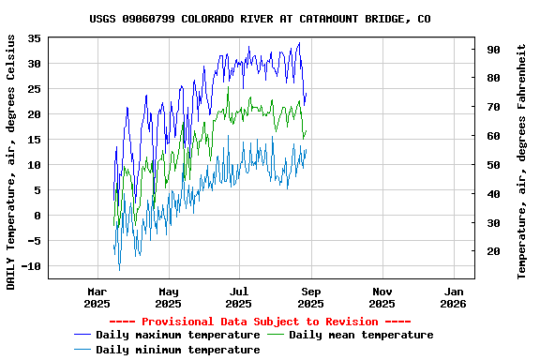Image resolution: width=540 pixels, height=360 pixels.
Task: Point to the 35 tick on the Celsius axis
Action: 34,38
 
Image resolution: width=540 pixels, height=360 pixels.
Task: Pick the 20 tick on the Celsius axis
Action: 34,114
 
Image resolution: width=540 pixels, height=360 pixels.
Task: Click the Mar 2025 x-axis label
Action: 97,297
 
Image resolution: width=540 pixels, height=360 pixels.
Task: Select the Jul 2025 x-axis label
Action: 239,297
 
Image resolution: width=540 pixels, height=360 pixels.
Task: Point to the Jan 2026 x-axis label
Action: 453,297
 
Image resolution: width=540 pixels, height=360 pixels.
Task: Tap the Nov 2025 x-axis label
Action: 382,297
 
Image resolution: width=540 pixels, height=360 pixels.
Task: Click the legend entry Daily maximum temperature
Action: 177,335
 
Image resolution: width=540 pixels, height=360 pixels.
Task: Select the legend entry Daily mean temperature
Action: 361,335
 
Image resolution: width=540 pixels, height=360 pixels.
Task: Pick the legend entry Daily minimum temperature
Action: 177,350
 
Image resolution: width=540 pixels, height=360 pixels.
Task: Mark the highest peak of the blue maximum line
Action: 299,42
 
